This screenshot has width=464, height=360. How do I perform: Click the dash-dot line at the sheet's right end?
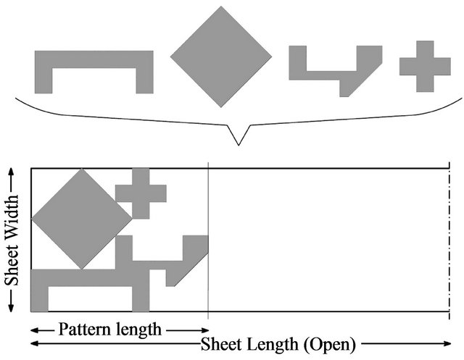tap(450, 239)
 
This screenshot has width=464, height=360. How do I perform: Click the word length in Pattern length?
tap(138, 330)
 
